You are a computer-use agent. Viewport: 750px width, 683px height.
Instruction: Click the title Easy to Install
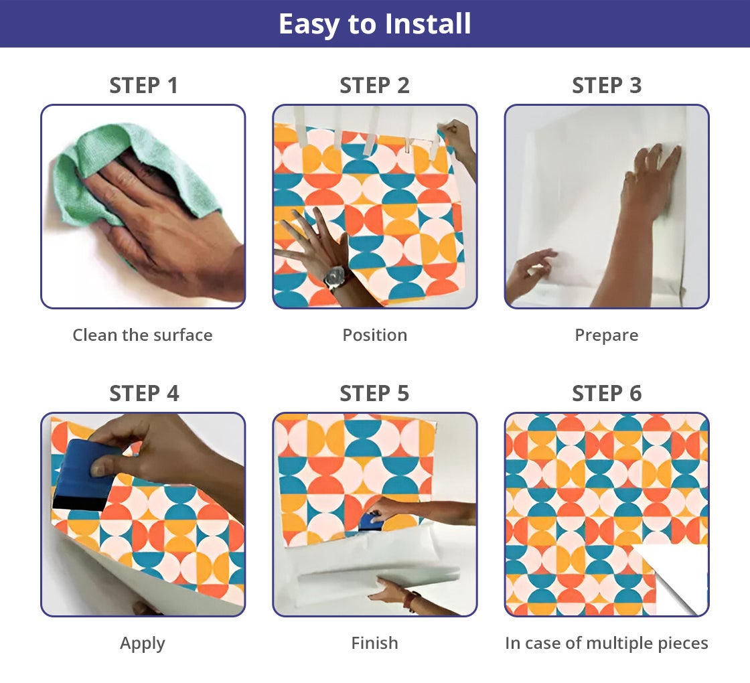click(x=375, y=23)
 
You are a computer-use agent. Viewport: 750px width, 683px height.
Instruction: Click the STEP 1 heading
click(x=143, y=86)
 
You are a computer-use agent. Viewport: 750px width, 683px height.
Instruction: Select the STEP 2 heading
click(x=374, y=86)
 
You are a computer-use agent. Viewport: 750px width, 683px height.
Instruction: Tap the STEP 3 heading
click(x=607, y=86)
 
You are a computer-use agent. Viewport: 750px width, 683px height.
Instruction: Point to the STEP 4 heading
click(x=144, y=394)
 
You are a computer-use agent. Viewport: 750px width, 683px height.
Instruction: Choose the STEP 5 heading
click(x=374, y=394)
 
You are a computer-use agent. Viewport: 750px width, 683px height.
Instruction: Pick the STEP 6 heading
click(x=607, y=394)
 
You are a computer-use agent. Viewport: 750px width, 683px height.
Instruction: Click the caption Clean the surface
click(x=143, y=335)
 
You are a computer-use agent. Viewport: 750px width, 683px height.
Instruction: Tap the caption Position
click(x=375, y=335)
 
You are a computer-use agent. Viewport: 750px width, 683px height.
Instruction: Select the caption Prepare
click(x=607, y=335)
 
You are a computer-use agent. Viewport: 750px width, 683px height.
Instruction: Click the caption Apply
click(x=143, y=643)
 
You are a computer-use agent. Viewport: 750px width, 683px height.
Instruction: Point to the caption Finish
click(x=374, y=643)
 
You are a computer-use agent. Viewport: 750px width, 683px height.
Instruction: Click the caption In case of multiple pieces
click(x=607, y=643)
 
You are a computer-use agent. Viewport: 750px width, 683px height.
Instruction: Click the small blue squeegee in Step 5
click(x=369, y=522)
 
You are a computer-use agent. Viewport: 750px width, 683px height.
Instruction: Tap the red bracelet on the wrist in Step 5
click(x=411, y=601)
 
